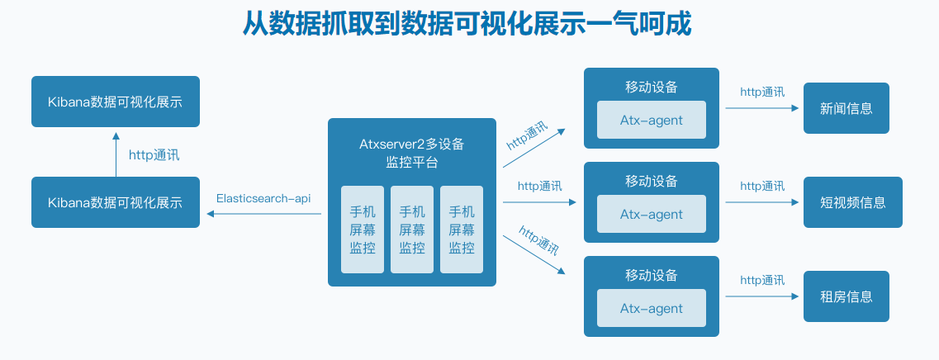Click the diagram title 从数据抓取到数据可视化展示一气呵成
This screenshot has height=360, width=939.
pyautogui.click(x=467, y=24)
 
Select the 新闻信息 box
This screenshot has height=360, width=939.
pyautogui.click(x=846, y=108)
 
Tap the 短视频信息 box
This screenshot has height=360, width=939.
pyautogui.click(x=852, y=202)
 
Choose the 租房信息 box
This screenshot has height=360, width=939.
pyautogui.click(x=846, y=296)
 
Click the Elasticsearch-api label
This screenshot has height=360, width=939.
pyautogui.click(x=263, y=198)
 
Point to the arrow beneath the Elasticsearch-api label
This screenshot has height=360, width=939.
pyautogui.click(x=263, y=214)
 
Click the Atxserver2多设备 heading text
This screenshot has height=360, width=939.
pyautogui.click(x=411, y=144)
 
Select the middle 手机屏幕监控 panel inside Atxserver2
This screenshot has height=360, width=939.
pyautogui.click(x=412, y=229)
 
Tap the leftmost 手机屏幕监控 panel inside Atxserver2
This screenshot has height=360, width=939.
pyautogui.click(x=363, y=229)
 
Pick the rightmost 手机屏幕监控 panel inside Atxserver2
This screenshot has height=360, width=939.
pyautogui.click(x=462, y=229)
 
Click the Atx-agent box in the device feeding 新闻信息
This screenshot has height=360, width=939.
pyautogui.click(x=652, y=121)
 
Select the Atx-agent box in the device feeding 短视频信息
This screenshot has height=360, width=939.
pyautogui.click(x=652, y=215)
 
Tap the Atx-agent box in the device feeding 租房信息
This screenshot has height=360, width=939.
pyautogui.click(x=652, y=309)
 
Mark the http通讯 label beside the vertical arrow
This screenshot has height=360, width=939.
pyautogui.click(x=154, y=154)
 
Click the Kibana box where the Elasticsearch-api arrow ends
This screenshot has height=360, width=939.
pyautogui.click(x=116, y=202)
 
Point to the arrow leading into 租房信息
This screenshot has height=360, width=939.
pyautogui.click(x=761, y=296)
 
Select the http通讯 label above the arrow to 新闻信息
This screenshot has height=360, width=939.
pyautogui.click(x=761, y=92)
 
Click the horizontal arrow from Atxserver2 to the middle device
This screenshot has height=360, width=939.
pyautogui.click(x=539, y=201)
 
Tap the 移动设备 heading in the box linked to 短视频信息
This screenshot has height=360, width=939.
pyautogui.click(x=652, y=181)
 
